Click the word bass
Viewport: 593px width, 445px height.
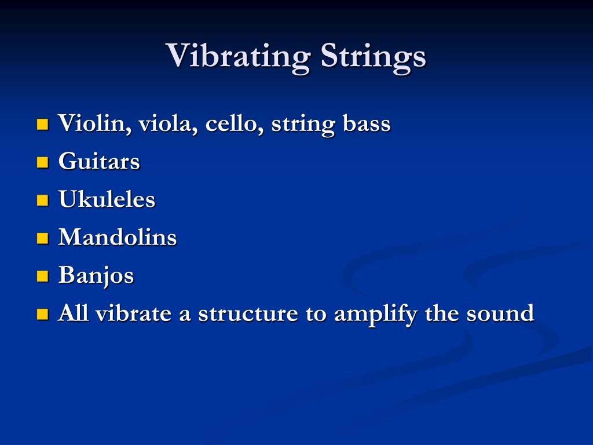(367, 123)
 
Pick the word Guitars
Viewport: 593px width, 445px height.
(99, 162)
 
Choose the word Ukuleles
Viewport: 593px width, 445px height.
(107, 199)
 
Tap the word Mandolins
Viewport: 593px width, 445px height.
(118, 237)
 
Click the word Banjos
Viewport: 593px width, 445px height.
(96, 275)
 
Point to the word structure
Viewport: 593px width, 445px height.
(247, 313)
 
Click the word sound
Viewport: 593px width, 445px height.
(500, 313)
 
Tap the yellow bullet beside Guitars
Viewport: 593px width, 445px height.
(42, 162)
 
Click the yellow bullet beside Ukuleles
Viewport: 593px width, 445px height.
(42, 200)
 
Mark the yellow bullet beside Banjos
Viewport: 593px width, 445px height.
(42, 276)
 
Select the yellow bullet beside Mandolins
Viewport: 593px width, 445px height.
(42, 238)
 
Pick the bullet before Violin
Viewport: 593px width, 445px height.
(42, 125)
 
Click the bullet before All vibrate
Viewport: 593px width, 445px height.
(42, 315)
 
